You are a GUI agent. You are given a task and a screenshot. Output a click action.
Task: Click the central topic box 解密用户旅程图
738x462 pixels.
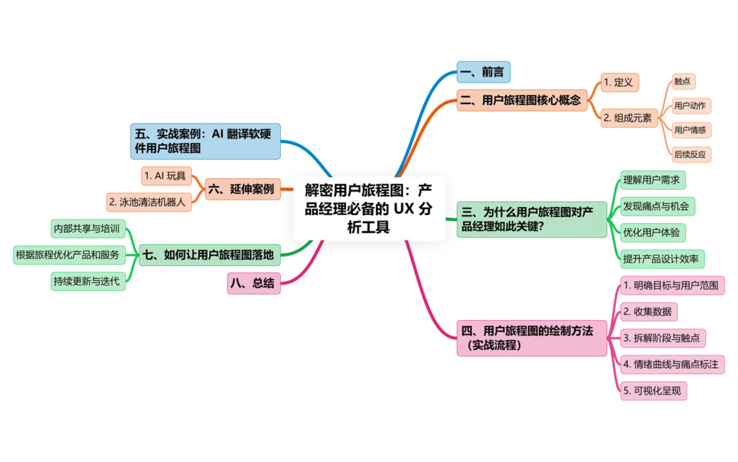point(368,208)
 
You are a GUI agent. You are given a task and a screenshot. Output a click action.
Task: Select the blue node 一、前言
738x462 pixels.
point(483,72)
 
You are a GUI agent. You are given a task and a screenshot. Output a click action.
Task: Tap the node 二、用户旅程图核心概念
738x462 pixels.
point(522,100)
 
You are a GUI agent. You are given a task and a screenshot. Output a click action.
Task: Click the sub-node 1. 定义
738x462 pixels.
point(620,83)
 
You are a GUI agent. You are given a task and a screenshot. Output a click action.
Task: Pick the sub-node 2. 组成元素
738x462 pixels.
point(629,118)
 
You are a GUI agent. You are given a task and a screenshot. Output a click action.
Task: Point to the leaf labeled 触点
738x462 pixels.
point(682,81)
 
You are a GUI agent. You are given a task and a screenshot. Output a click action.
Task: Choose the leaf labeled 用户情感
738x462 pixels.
point(690,130)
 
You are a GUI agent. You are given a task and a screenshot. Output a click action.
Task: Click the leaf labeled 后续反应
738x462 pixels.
point(690,155)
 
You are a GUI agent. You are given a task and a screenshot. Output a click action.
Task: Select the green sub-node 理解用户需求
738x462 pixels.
point(653,180)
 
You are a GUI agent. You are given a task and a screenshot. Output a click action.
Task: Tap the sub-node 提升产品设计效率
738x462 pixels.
point(662,259)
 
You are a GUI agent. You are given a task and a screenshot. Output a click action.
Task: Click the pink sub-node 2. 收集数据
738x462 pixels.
point(649,312)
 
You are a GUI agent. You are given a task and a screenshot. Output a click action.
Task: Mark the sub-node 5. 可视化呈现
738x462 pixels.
point(653,391)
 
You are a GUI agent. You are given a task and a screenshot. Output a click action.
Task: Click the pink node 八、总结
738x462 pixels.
point(253,283)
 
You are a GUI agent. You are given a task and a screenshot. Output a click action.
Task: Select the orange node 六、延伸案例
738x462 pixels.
point(243,190)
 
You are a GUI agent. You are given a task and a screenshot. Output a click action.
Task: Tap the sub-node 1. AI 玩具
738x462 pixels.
point(166,176)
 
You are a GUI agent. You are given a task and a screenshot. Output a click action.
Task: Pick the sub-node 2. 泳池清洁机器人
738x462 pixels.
point(149,202)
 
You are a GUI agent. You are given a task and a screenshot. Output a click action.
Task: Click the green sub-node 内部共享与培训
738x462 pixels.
point(88,229)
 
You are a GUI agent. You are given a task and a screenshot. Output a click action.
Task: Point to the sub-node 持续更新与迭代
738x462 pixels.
point(88,282)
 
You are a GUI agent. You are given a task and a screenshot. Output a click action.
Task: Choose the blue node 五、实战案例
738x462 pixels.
point(205,141)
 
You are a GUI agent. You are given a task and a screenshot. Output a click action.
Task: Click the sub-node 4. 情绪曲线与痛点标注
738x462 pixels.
point(672,364)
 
